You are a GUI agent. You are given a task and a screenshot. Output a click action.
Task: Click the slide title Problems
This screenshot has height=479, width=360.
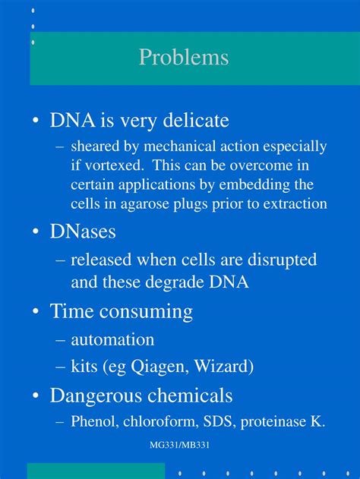(183, 58)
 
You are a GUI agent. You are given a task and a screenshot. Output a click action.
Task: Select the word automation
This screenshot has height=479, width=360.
(112, 339)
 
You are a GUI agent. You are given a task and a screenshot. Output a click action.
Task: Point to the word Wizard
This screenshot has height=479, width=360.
(223, 367)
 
